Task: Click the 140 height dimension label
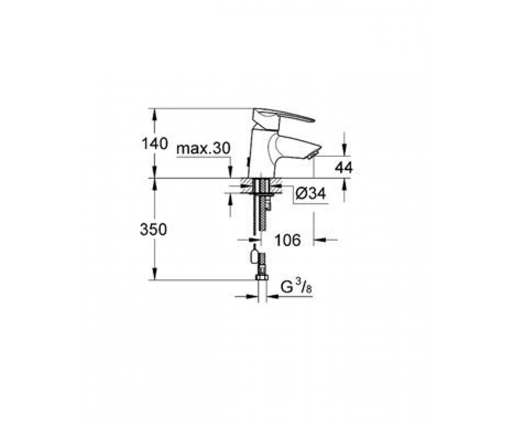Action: point(155,144)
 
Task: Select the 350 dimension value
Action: point(154,229)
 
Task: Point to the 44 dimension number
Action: point(344,168)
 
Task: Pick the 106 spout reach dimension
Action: point(288,240)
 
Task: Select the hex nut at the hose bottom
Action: point(262,277)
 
